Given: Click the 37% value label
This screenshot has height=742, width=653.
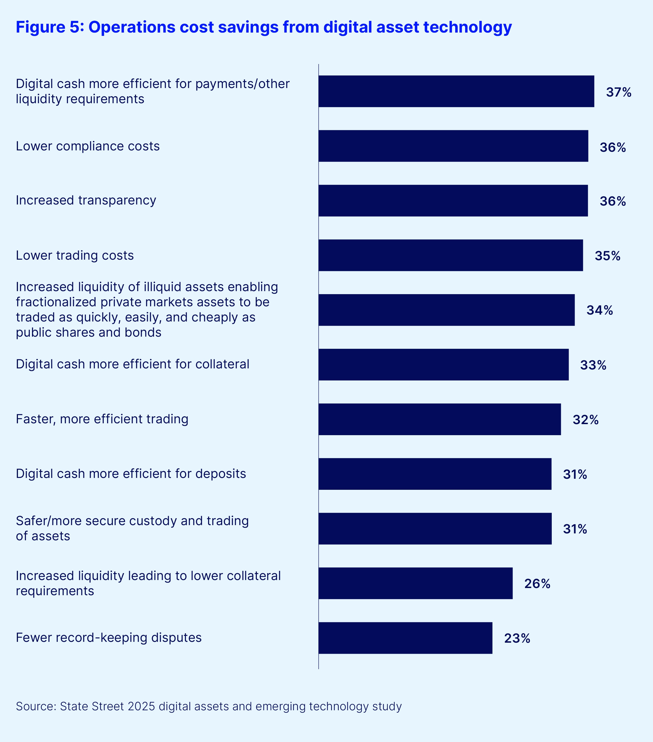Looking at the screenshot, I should (x=619, y=92).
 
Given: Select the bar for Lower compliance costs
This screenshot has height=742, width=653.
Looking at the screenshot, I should (x=453, y=146).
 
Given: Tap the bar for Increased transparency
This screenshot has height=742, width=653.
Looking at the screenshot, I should (x=453, y=201).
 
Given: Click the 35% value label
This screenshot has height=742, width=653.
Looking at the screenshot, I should (x=607, y=256).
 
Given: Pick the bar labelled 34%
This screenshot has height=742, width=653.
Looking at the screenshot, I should (x=446, y=310).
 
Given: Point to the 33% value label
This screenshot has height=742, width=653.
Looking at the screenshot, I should (x=593, y=365).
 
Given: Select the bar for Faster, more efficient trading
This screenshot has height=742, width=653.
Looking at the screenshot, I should (x=439, y=419).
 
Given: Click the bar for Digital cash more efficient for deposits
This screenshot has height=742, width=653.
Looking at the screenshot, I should (x=435, y=474).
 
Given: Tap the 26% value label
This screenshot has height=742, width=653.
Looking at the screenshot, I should (x=537, y=584).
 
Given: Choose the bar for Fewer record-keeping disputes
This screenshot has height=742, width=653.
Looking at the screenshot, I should (x=406, y=638).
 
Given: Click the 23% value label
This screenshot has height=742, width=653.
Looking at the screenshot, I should (x=517, y=639).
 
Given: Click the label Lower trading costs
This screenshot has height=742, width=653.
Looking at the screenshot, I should (x=75, y=256).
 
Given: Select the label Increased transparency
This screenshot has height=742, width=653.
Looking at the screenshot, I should (x=86, y=200).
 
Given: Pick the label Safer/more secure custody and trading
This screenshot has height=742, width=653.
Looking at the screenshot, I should (x=132, y=521).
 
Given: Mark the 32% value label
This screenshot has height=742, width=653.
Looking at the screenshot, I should (x=585, y=420).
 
